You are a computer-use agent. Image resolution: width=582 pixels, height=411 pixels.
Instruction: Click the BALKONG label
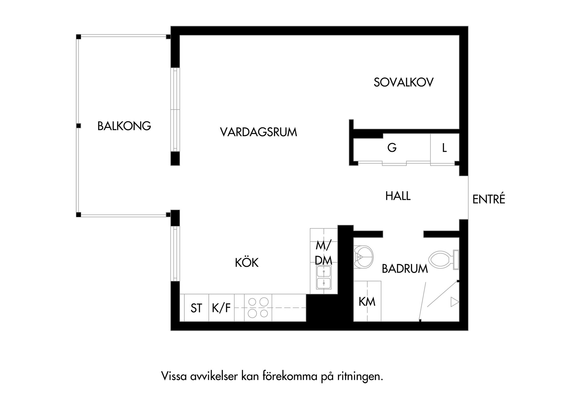coord(124,126)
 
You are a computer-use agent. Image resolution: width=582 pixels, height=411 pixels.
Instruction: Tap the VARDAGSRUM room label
coord(258,132)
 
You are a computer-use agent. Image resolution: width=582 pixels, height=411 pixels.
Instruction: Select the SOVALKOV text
coord(403,82)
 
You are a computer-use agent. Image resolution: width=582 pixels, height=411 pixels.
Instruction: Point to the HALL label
coord(398,196)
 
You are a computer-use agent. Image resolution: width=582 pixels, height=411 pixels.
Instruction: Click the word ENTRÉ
coord(489,199)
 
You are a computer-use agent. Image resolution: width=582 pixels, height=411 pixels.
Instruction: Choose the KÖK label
coord(246,263)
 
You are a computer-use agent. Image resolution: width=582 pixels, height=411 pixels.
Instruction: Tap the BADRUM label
coord(405,269)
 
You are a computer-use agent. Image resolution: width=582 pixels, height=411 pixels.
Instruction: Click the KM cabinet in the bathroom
coord(367,301)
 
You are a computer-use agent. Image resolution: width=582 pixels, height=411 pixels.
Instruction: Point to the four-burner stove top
coord(258,307)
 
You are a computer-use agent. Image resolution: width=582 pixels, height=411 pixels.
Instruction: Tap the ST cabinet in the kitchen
coord(196,308)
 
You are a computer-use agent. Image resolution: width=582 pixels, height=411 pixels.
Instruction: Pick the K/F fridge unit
coord(221,308)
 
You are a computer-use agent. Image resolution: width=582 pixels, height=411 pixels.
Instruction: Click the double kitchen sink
coord(323,278)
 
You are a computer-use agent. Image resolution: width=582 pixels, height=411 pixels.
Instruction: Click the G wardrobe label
coord(392,148)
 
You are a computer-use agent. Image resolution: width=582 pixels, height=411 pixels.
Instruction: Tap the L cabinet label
coord(444,148)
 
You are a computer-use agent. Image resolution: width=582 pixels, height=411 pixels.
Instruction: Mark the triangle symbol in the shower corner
coord(454,302)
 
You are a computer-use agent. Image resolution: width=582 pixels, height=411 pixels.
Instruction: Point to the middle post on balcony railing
coord(79,125)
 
